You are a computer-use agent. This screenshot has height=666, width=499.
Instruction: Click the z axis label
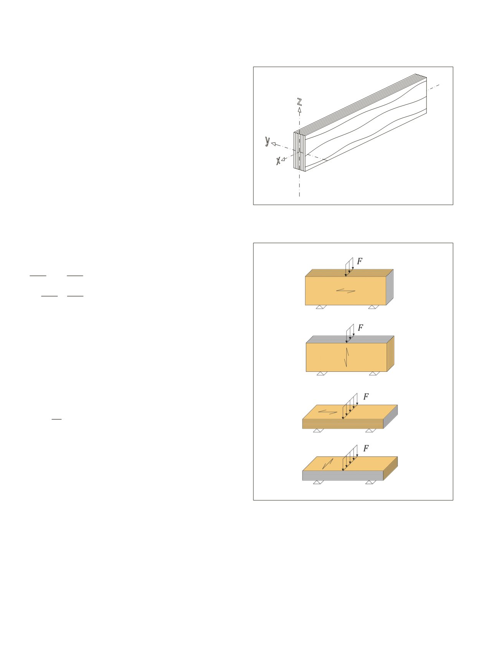point(299,102)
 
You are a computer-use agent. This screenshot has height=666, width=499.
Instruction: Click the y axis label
point(268,141)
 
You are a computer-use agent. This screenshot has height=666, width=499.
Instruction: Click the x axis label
point(278,161)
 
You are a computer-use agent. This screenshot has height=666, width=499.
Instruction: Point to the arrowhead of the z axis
point(299,110)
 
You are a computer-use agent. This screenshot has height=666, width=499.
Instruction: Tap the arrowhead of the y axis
point(274,144)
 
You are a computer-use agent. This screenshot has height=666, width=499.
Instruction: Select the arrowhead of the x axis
point(283,159)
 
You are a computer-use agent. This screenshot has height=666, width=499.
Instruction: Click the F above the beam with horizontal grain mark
point(360,261)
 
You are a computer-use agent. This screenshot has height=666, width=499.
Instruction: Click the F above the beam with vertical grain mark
point(360,328)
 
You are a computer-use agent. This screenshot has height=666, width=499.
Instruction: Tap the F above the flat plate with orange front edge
point(366,397)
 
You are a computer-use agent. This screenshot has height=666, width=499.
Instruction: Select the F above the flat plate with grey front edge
point(366,448)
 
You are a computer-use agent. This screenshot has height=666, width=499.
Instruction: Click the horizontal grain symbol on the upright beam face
point(346,291)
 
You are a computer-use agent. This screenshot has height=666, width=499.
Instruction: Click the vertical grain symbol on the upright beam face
point(347,357)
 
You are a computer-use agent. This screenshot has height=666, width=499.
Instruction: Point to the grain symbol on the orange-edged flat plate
point(328,412)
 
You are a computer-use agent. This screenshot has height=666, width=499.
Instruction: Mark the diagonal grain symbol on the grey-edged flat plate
point(328,464)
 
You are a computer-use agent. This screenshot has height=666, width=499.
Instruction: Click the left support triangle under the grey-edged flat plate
point(317,482)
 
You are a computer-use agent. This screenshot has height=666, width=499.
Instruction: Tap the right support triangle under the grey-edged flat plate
point(370,482)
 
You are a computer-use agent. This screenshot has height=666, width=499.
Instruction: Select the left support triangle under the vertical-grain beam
point(322,373)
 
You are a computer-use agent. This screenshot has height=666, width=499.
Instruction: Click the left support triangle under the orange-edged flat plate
point(317,431)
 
